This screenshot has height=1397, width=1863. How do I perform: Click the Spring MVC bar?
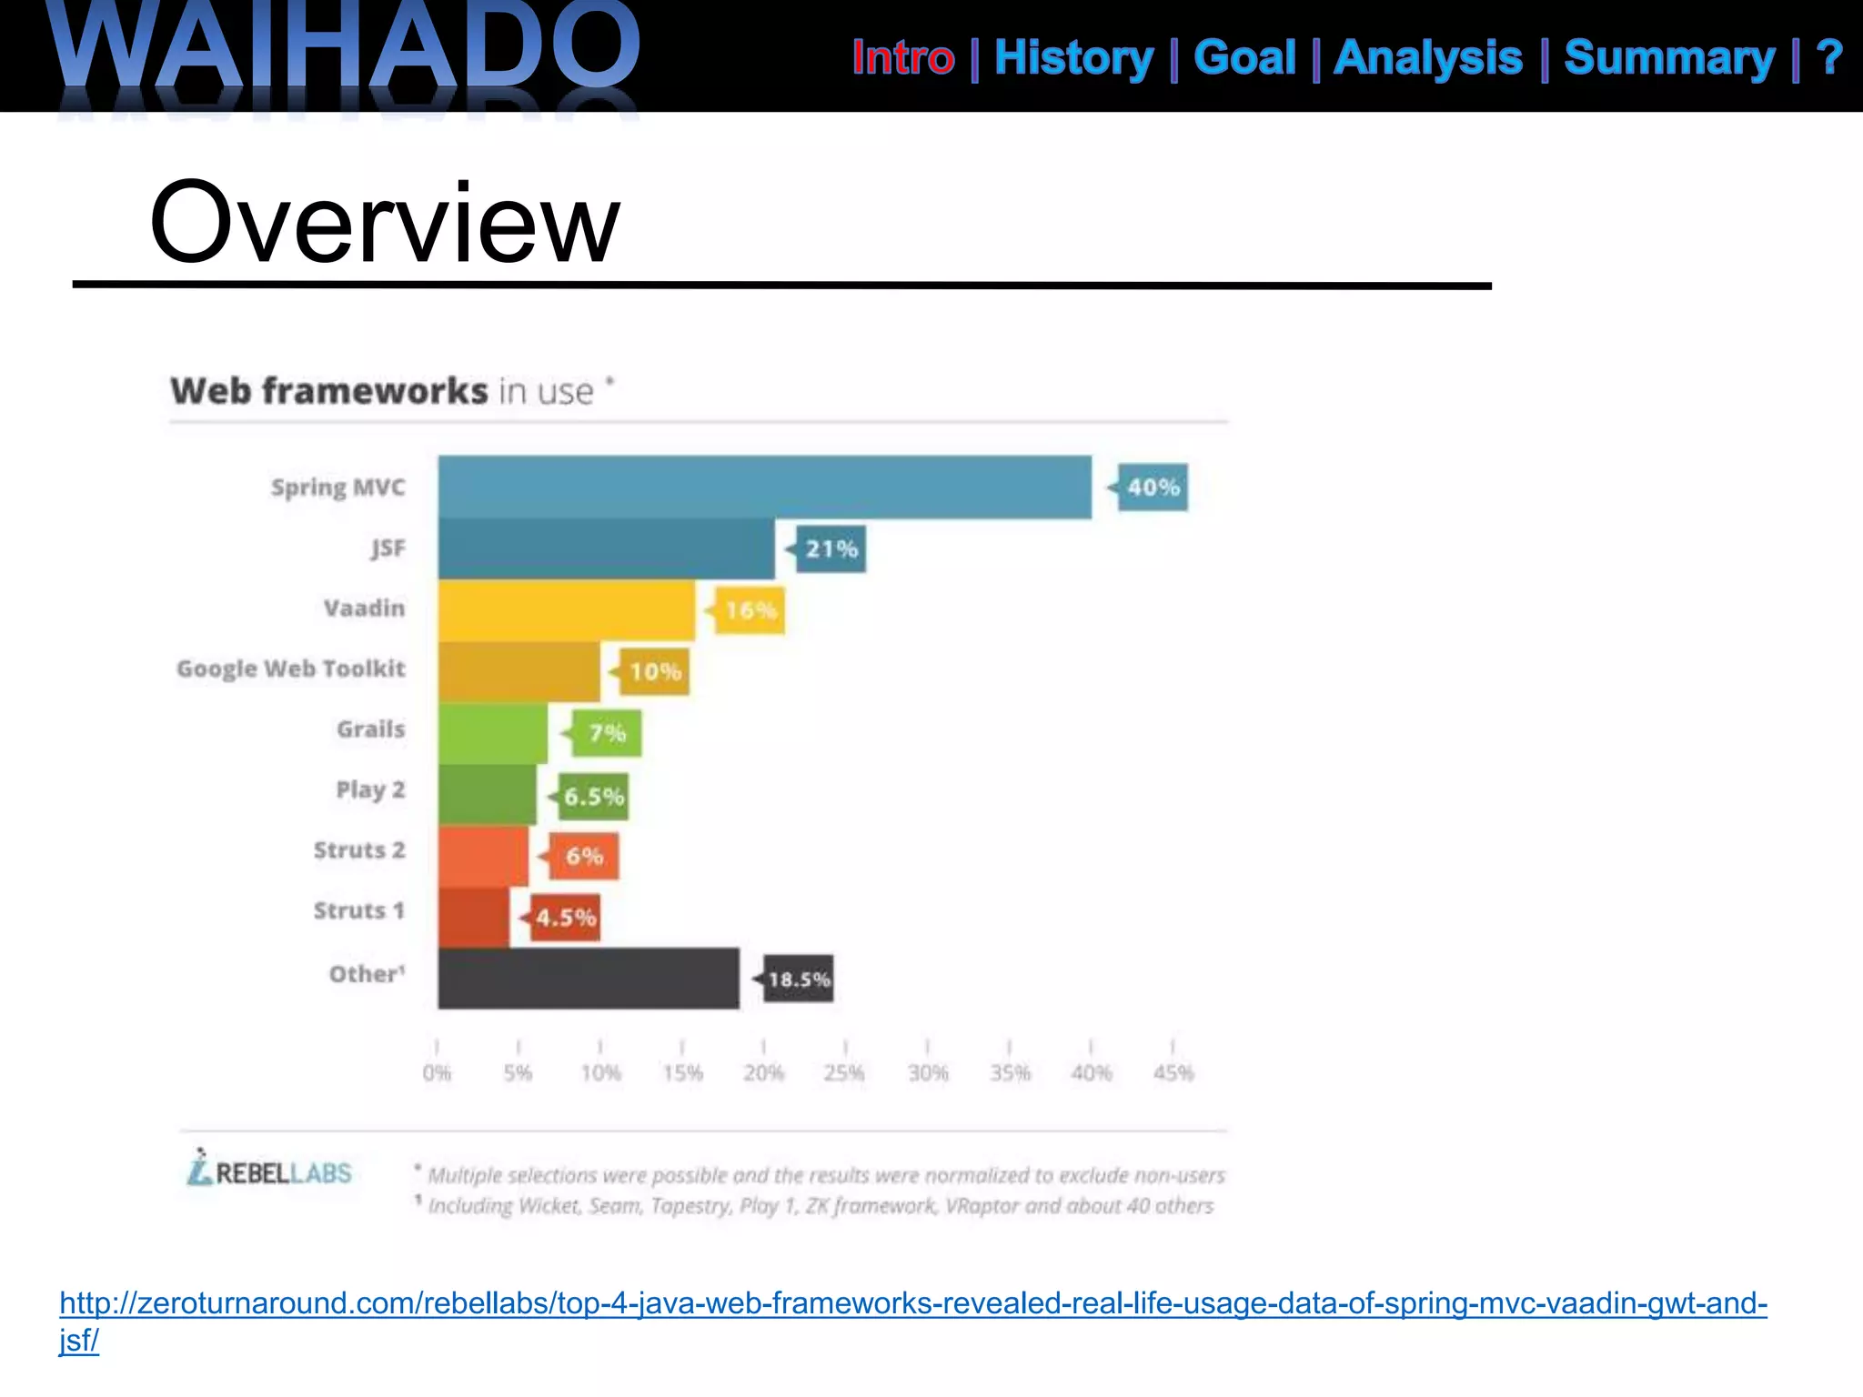click(x=764, y=487)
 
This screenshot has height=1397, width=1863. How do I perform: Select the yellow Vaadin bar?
click(x=566, y=610)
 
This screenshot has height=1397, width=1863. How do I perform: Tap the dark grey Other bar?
click(x=589, y=979)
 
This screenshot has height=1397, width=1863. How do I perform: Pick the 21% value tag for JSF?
click(x=831, y=549)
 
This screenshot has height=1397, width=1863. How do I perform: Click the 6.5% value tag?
click(x=592, y=797)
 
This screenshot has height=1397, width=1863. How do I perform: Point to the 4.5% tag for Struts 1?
click(x=564, y=918)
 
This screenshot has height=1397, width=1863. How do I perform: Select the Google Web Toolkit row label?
click(x=291, y=669)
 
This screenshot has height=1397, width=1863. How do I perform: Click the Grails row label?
click(x=370, y=729)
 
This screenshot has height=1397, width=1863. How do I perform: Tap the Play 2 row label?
click(x=370, y=789)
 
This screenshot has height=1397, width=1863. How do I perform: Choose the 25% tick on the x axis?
click(x=844, y=1072)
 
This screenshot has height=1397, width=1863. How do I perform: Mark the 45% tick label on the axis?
click(x=1173, y=1072)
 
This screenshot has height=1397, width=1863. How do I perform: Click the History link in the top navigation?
click(x=1073, y=58)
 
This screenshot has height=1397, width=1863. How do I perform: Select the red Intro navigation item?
click(x=903, y=58)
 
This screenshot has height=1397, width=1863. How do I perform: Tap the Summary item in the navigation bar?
click(x=1669, y=58)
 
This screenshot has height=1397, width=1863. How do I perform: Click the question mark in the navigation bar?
click(x=1828, y=58)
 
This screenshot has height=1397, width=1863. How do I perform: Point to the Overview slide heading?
click(x=384, y=223)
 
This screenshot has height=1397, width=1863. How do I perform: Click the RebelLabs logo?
click(x=269, y=1170)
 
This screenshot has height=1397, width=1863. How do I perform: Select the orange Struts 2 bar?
click(x=483, y=856)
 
